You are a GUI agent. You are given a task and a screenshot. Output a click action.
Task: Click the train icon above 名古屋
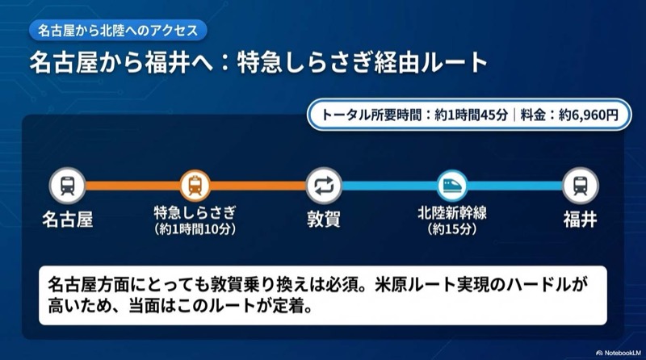[67, 186]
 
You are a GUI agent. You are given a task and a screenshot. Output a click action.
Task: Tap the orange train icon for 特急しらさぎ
[195, 186]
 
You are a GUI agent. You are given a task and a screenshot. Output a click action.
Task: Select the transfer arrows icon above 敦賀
[323, 186]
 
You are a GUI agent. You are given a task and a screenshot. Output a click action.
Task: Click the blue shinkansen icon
[451, 186]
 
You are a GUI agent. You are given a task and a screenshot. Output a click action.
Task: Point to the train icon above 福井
[580, 186]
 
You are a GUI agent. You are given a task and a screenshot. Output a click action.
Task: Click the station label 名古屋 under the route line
[67, 219]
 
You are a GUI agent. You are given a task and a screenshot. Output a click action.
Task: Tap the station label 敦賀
[323, 219]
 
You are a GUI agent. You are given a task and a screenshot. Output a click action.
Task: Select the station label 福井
[580, 219]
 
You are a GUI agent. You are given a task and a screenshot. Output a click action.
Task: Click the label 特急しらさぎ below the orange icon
[195, 214]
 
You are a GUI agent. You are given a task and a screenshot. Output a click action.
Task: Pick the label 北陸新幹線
[451, 214]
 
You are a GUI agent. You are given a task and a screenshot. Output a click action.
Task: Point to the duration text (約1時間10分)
[195, 230]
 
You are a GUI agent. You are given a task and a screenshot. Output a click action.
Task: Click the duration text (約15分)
[451, 230]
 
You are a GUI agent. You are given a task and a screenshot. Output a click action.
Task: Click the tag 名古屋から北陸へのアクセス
[117, 31]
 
